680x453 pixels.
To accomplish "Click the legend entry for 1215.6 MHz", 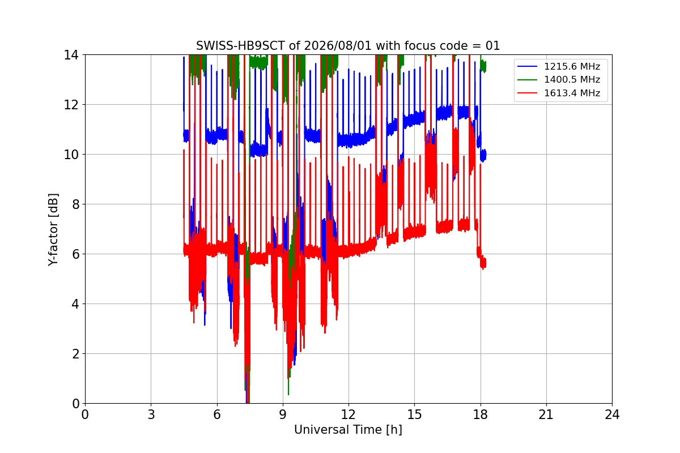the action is (572, 66).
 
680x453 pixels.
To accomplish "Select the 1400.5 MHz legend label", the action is (572, 79).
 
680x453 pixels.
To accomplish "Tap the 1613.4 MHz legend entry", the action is (572, 93).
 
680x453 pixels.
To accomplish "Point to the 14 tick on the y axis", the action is (71, 55).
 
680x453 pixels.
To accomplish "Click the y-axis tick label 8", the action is (75, 204).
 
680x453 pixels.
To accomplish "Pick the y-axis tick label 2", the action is (75, 354).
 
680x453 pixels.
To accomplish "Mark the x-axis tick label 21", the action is (546, 414).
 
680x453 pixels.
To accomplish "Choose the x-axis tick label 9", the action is (283, 414).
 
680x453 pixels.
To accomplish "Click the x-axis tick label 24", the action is (612, 414).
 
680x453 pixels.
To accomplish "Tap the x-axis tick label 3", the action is (151, 414).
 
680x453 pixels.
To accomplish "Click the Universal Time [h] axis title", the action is (348, 430).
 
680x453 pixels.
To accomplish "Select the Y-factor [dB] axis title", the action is (53, 230).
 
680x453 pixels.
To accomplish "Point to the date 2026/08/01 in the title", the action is (338, 46).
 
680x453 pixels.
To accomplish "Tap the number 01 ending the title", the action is (492, 46).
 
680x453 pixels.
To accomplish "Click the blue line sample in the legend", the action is (528, 66).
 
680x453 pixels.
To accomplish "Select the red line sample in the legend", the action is (528, 93).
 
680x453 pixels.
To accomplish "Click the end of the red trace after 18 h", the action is (486, 263).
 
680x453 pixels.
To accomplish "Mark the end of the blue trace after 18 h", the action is (486, 155).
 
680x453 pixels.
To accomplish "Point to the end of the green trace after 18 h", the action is (486, 66).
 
